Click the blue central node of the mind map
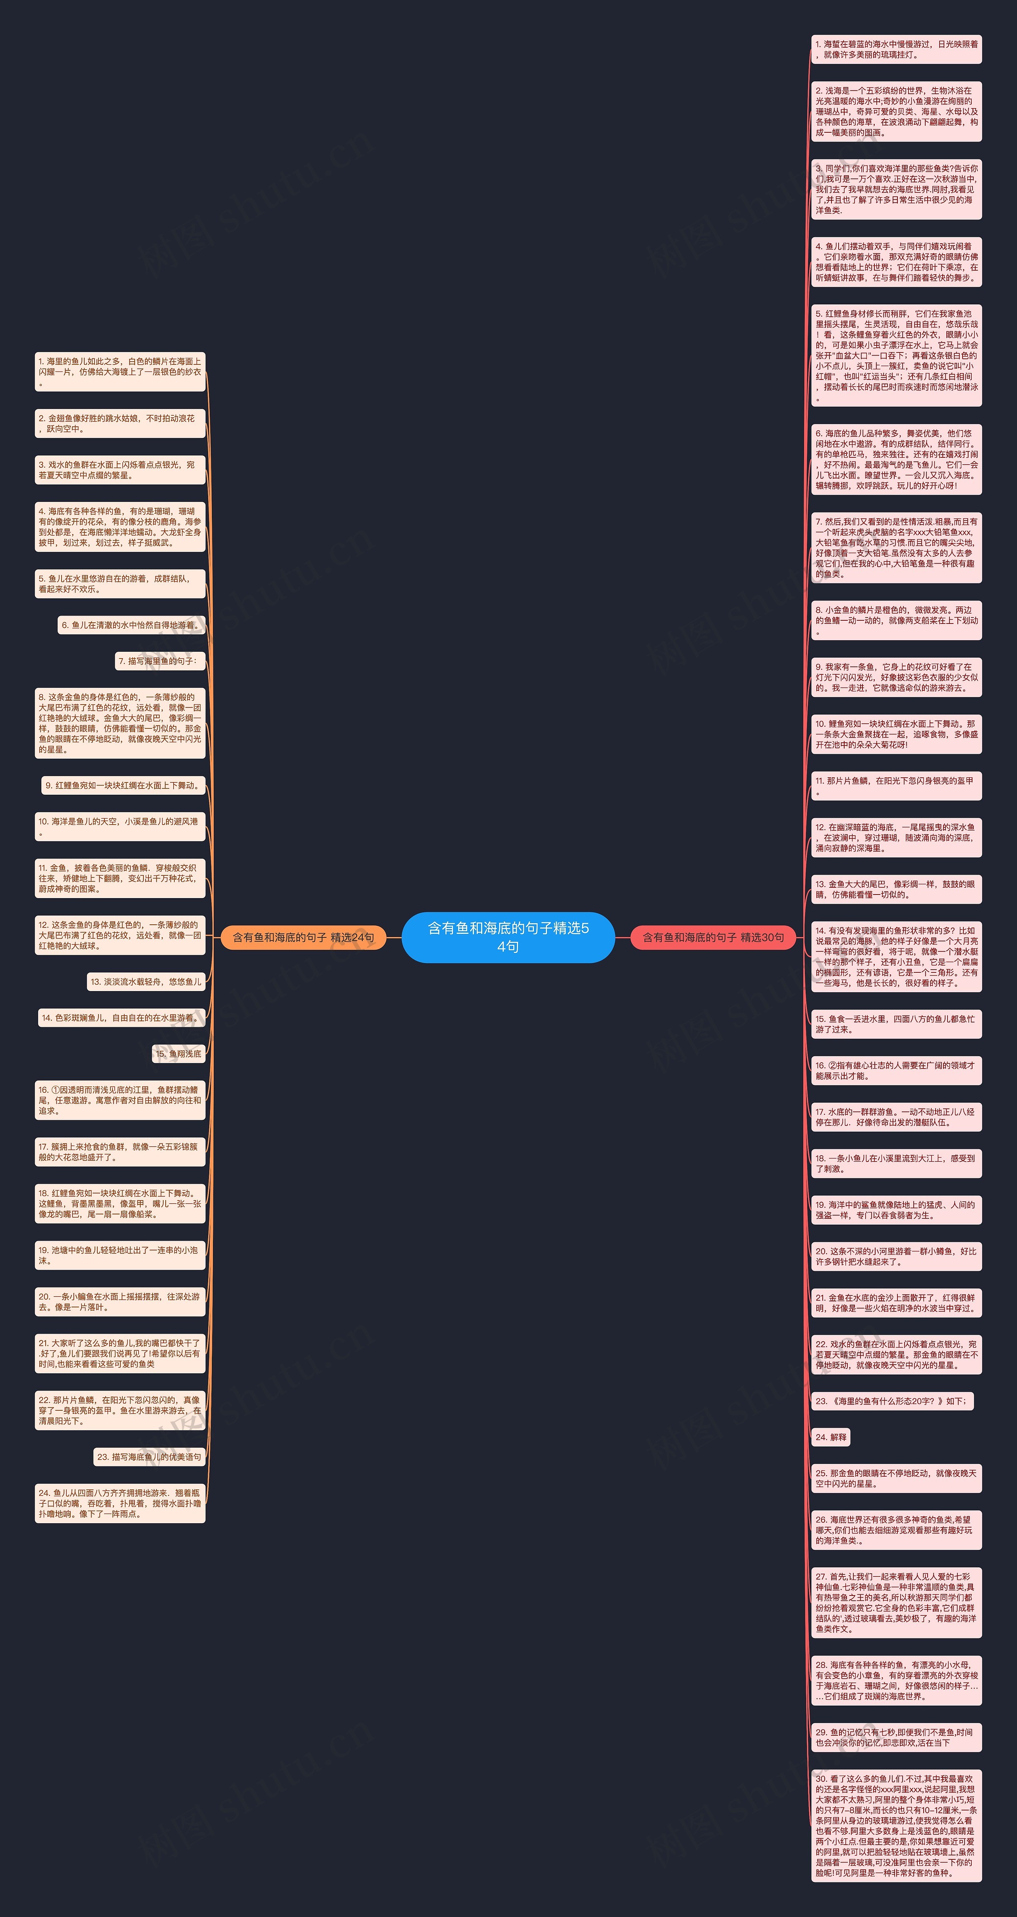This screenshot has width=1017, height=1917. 508,937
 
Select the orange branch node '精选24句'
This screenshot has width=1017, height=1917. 304,937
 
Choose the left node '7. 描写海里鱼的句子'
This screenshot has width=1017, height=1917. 159,661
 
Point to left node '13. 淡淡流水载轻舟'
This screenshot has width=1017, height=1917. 146,982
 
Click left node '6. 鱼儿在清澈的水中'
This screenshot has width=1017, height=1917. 131,625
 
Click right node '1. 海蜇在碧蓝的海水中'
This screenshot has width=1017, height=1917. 896,50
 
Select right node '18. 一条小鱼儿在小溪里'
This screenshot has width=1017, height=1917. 896,1163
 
